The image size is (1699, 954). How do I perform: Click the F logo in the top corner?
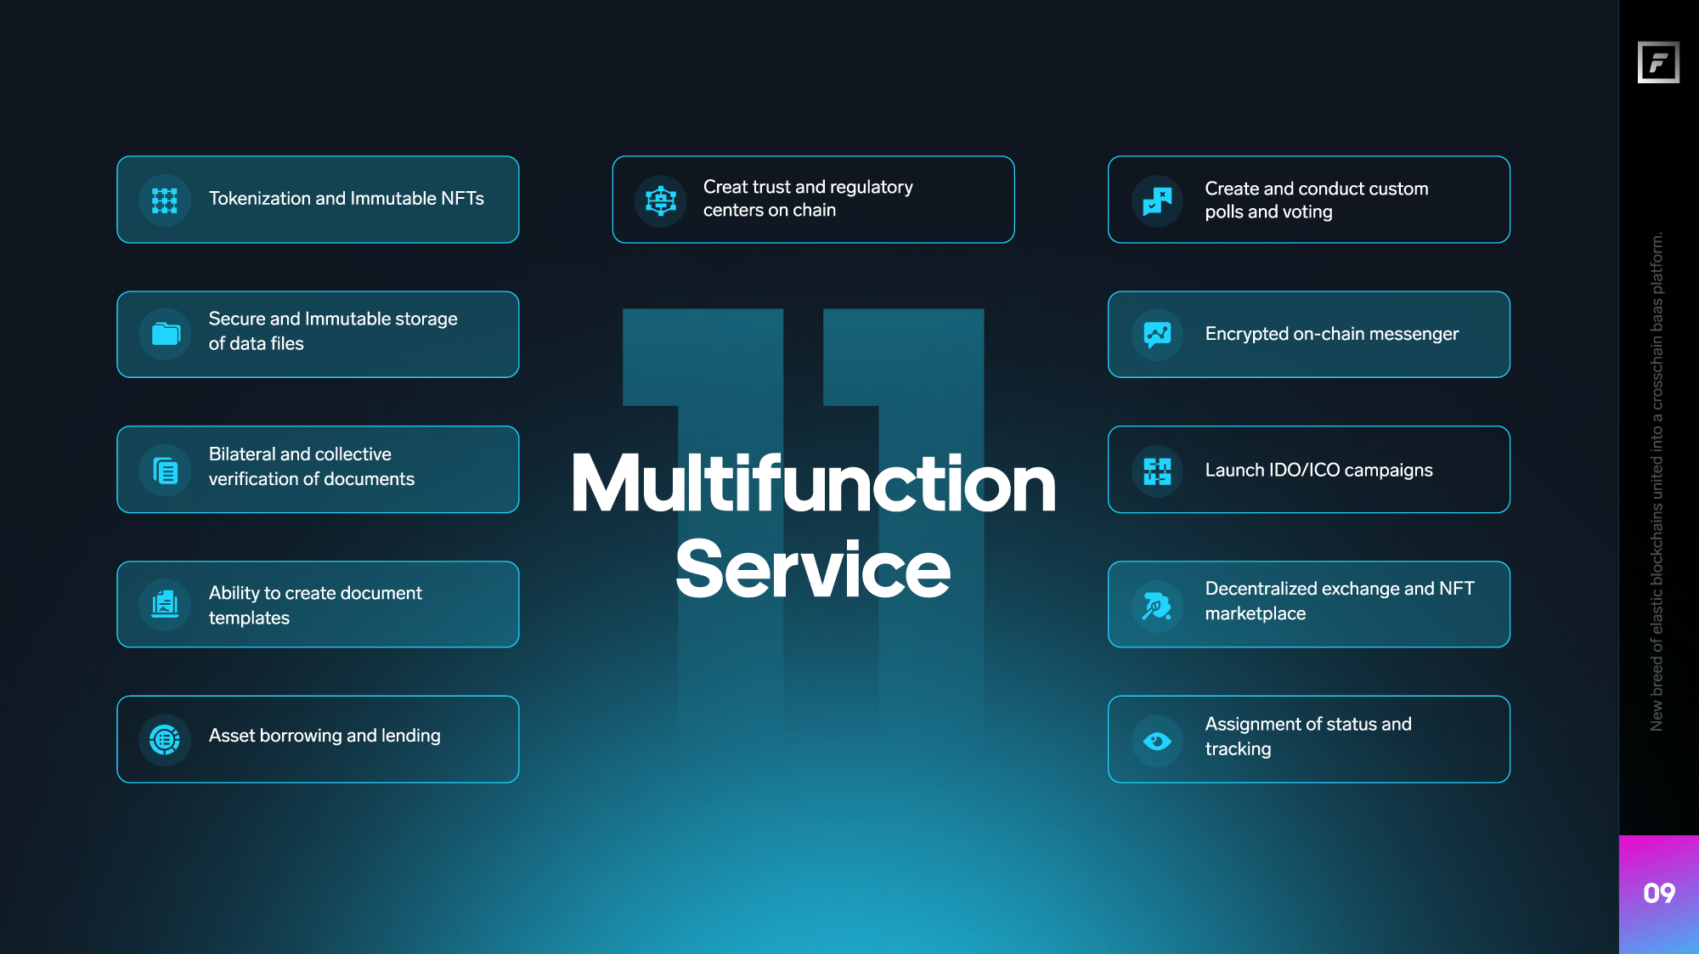pyautogui.click(x=1658, y=62)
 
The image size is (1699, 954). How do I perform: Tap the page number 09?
pyautogui.click(x=1659, y=893)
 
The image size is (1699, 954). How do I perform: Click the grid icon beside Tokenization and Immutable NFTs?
pyautogui.click(x=165, y=200)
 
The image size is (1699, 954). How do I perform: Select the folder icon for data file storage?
pyautogui.click(x=166, y=334)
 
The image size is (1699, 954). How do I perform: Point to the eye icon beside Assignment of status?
pyautogui.click(x=1157, y=742)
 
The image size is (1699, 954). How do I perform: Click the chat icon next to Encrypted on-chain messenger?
pyautogui.click(x=1157, y=335)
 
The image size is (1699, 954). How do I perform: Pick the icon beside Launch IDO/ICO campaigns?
pyautogui.click(x=1157, y=471)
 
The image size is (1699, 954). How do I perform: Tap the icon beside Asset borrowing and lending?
pyautogui.click(x=165, y=740)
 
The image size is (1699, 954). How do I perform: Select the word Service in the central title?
pyautogui.click(x=813, y=568)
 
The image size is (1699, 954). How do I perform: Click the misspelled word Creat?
pyautogui.click(x=725, y=187)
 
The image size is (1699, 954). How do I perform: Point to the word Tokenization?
pyautogui.click(x=260, y=198)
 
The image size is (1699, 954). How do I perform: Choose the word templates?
pyautogui.click(x=249, y=618)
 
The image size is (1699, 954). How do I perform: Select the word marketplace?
pyautogui.click(x=1256, y=613)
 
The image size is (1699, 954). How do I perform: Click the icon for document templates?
pyautogui.click(x=165, y=604)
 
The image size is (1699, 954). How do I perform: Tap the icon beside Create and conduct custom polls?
pyautogui.click(x=1157, y=200)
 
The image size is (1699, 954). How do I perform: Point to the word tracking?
pyautogui.click(x=1238, y=749)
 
